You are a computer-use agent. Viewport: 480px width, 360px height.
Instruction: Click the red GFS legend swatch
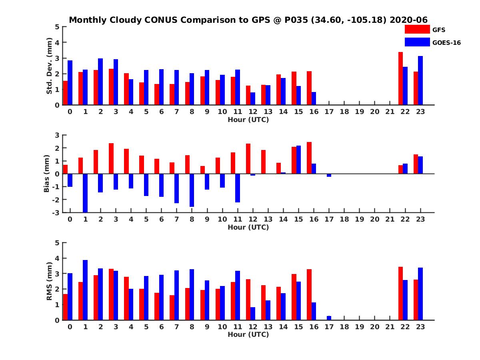tap(417, 29)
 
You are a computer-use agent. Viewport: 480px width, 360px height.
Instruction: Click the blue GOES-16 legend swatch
tap(417, 42)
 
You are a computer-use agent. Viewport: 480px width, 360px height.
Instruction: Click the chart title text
tap(248, 20)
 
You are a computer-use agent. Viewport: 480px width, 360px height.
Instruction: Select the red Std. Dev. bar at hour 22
tap(400, 78)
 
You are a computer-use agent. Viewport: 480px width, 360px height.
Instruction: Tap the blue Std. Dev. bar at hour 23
tap(420, 80)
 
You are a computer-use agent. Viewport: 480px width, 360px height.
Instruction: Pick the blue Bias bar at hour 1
tap(85, 193)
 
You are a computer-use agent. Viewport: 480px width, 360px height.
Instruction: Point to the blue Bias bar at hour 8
tap(192, 190)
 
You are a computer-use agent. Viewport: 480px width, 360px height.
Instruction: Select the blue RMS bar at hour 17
tap(329, 318)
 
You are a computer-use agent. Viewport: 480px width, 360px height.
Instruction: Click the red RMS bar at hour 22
tap(400, 293)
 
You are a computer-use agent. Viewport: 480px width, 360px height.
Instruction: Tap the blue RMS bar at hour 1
tap(85, 290)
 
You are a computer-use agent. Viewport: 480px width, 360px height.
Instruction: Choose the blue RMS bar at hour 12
tap(253, 314)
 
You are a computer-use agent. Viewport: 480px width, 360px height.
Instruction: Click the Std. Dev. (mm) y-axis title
tap(50, 66)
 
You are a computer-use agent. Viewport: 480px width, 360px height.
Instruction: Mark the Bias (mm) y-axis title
tap(47, 174)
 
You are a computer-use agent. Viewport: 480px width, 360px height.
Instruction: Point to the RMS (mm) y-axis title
tap(50, 281)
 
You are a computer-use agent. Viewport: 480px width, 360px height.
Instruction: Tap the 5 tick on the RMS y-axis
tap(57, 243)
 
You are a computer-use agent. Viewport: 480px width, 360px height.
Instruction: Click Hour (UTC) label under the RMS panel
tap(248, 334)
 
